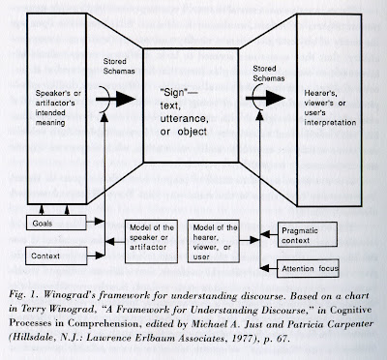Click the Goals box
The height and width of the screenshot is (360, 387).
click(x=56, y=223)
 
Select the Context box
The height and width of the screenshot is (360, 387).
click(x=56, y=255)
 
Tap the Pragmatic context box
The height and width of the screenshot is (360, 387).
click(x=308, y=235)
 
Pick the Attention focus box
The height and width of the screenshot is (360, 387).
click(x=308, y=268)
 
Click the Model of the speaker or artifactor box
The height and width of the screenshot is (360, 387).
click(x=151, y=242)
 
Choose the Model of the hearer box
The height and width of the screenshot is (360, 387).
click(x=214, y=242)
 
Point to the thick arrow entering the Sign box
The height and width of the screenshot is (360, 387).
click(x=115, y=100)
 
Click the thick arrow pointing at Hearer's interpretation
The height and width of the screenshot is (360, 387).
click(x=265, y=98)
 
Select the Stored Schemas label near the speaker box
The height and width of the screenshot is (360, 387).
click(x=119, y=66)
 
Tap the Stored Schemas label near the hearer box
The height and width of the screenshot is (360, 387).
click(x=269, y=74)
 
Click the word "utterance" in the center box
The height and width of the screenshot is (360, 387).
click(x=184, y=118)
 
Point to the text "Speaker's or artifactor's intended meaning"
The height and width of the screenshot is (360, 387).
click(x=58, y=108)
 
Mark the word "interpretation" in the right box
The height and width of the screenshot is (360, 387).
click(x=330, y=123)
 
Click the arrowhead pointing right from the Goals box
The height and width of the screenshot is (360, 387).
click(x=100, y=222)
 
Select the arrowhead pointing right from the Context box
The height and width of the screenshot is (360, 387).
click(x=101, y=255)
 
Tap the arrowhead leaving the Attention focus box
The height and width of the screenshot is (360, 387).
click(x=264, y=268)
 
